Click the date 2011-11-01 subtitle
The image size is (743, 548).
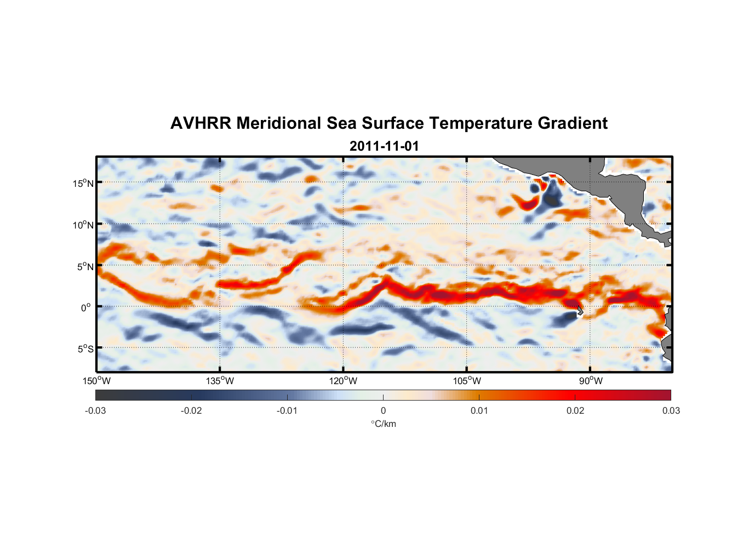[x=384, y=146]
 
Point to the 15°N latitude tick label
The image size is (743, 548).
[x=83, y=183]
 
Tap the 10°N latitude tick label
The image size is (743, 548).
[x=83, y=225]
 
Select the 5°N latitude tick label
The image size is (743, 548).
[x=85, y=266]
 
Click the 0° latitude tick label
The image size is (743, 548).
[x=86, y=308]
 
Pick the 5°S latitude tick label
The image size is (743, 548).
[x=85, y=349]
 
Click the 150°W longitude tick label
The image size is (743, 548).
[x=97, y=381]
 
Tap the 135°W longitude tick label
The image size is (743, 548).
[x=220, y=381]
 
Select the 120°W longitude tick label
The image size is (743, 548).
[x=344, y=381]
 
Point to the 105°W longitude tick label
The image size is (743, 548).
[x=467, y=381]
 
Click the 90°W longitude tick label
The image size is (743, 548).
[x=590, y=381]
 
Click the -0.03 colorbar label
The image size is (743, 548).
[x=95, y=410]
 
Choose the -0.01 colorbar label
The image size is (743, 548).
[x=287, y=410]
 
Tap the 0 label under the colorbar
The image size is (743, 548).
[x=383, y=410]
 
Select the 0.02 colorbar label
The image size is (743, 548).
[x=575, y=410]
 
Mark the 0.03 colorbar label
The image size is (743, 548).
[x=671, y=410]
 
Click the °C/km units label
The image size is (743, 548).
[x=383, y=424]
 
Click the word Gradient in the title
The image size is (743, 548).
[x=573, y=123]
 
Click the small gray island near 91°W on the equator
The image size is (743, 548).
[x=579, y=311]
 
